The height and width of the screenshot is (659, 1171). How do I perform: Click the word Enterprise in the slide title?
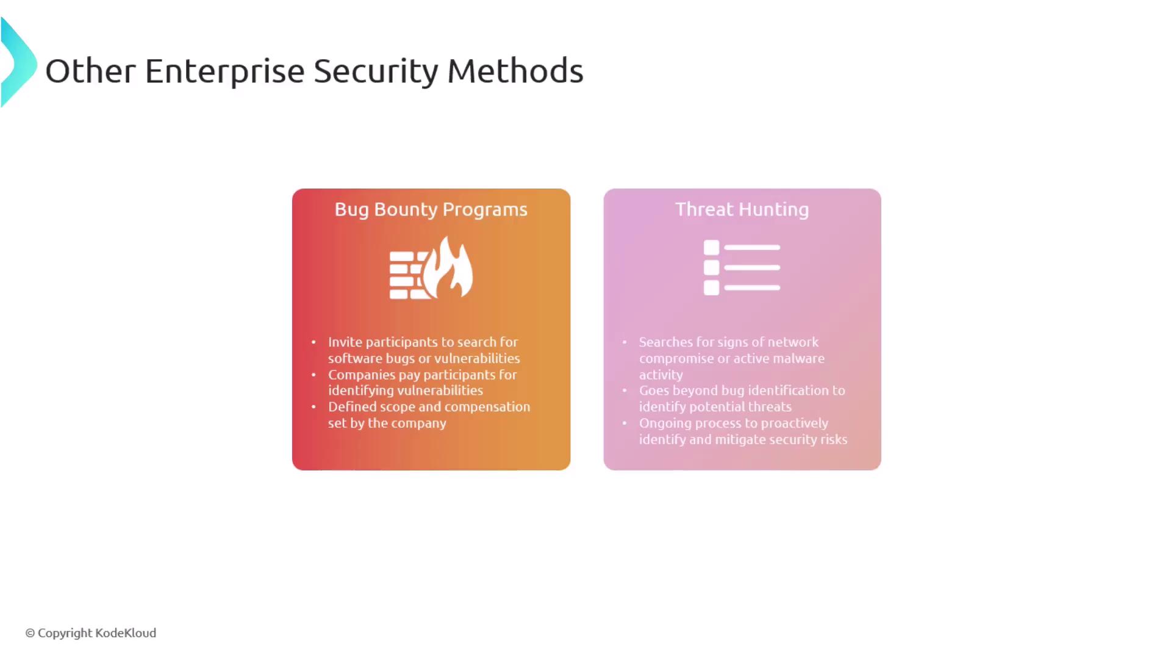[224, 71]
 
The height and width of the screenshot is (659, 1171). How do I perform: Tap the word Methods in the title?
[515, 71]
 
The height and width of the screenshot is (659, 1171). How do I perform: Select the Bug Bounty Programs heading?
[431, 209]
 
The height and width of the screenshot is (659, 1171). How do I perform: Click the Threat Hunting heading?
[742, 209]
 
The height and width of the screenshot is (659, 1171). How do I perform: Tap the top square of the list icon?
[711, 247]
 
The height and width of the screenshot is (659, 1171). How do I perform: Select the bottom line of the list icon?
[753, 287]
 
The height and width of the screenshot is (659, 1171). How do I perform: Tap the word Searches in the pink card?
[665, 342]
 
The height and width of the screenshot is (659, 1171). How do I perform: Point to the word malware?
[798, 358]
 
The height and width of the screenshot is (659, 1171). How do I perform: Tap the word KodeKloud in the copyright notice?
[126, 633]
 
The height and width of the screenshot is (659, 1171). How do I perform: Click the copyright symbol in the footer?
[30, 633]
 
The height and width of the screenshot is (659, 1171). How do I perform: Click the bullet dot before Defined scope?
[313, 407]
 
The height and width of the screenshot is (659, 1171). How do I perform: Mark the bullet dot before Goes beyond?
[625, 391]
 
